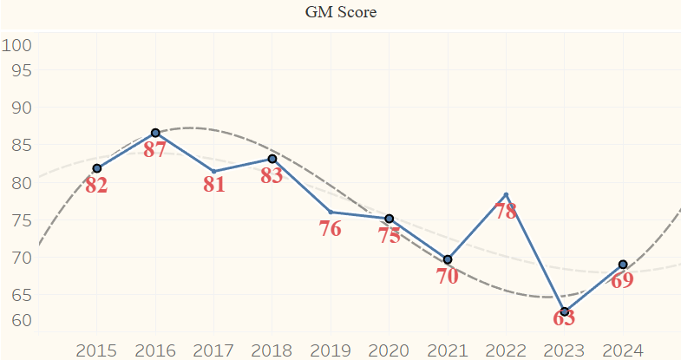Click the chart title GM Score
point(341,12)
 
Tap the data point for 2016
point(155,133)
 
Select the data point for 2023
point(565,311)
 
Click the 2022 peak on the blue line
point(506,194)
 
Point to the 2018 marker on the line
point(272,159)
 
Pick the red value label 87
point(154,149)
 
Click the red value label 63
point(564,317)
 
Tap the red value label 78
point(506,210)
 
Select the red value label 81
point(213,184)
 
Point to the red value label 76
point(330,229)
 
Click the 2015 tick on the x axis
point(96,350)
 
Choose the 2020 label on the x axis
point(389,350)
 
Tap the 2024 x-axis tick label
point(622,350)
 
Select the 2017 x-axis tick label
point(213,350)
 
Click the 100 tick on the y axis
point(16,45)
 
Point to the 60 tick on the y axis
point(21,319)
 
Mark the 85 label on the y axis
point(21,145)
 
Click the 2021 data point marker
point(448,259)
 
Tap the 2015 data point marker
point(97,168)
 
